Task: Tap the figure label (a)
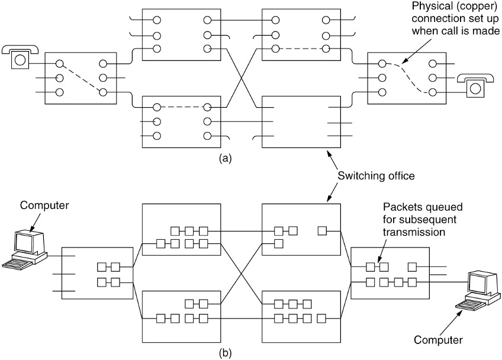(223, 159)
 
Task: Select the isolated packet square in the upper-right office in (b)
(322, 230)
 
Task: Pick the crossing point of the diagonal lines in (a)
(242, 78)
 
